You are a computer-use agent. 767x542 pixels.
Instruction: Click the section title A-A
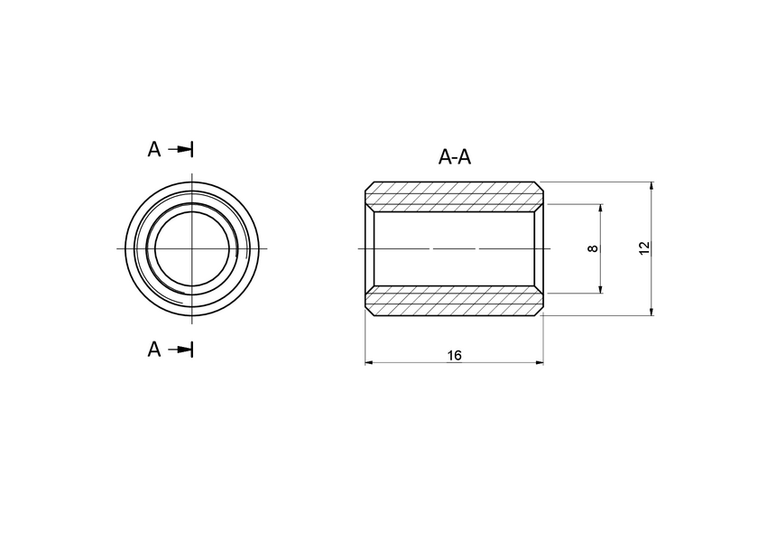pos(455,157)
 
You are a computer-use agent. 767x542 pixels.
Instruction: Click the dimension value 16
pos(454,356)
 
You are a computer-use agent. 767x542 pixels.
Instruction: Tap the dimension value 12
pos(643,248)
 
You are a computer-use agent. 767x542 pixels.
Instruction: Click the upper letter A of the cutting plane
pos(154,149)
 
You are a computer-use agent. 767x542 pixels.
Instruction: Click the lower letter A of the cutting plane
pos(154,350)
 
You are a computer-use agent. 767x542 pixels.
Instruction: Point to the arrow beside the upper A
pos(183,149)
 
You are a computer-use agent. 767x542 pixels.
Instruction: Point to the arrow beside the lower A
pos(183,350)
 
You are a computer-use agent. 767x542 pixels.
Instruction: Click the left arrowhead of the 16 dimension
pos(369,363)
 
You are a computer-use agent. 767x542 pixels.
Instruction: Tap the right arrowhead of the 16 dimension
pos(539,363)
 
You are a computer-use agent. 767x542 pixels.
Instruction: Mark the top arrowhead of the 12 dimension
pos(651,186)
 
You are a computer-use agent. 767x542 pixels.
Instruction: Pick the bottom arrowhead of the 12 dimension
pos(651,311)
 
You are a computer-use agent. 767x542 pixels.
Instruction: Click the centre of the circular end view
pos(192,248)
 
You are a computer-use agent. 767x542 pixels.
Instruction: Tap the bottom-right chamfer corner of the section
pos(541,312)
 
